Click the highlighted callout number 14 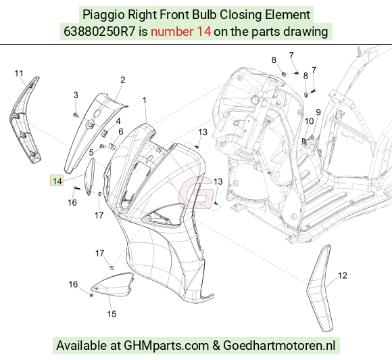[x=57, y=181]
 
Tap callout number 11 [x=19, y=74]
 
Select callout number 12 [x=343, y=275]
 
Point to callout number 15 [x=112, y=314]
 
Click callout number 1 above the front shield [x=144, y=100]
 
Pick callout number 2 [x=122, y=80]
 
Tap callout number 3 [x=76, y=95]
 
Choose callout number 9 [x=318, y=112]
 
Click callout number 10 [x=309, y=121]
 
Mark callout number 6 [x=121, y=131]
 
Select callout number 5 [x=91, y=152]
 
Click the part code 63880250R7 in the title [x=99, y=32]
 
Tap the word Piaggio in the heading [x=103, y=15]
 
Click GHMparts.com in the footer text [x=166, y=346]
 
